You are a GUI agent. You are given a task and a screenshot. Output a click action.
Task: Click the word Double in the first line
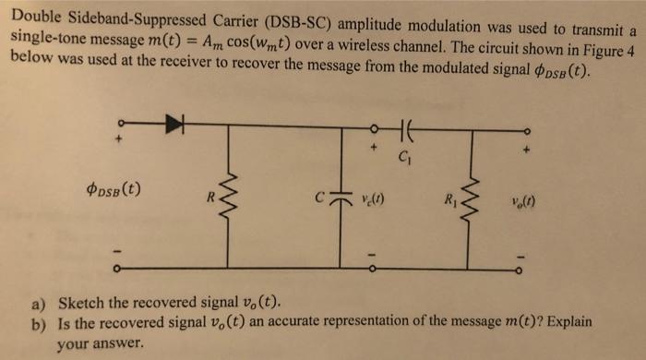tap(34, 15)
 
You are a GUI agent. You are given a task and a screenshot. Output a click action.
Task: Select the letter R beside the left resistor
tap(212, 196)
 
